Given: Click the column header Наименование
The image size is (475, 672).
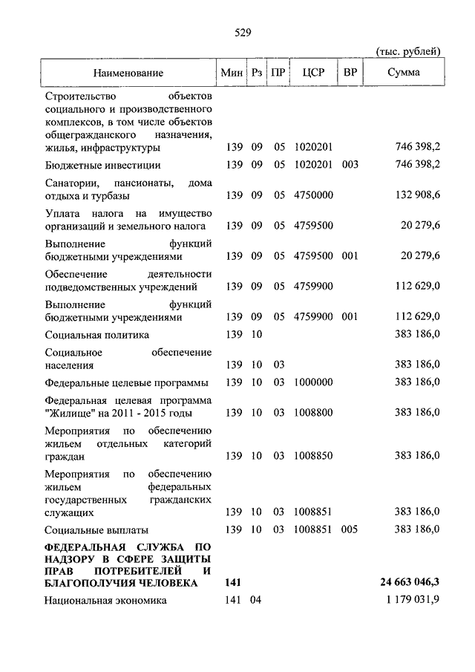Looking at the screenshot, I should (x=128, y=73).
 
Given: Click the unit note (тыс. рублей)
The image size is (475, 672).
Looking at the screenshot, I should (x=408, y=50).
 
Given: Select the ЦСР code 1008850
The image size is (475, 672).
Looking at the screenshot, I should (x=313, y=455).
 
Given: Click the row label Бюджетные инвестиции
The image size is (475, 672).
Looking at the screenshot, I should (x=102, y=165).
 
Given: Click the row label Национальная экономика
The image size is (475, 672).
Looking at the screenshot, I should (x=105, y=601).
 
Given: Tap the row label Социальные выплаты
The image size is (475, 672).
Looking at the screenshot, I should (x=96, y=529).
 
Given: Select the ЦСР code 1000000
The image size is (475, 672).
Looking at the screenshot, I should (x=313, y=382).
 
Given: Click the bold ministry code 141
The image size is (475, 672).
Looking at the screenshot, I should (x=232, y=584).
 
